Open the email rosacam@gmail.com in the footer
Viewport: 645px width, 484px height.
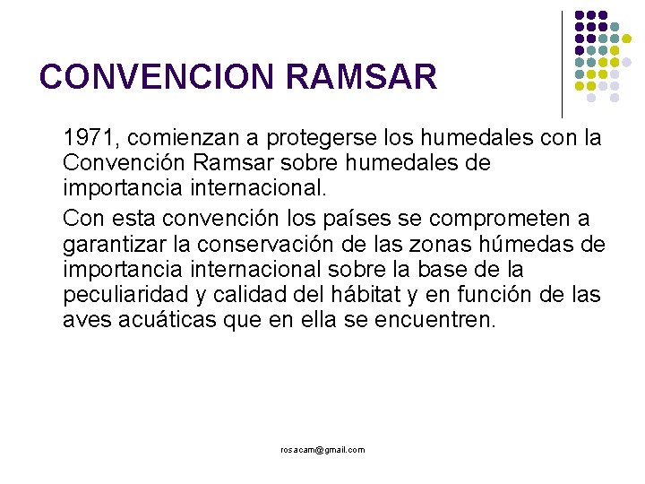[322, 450]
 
